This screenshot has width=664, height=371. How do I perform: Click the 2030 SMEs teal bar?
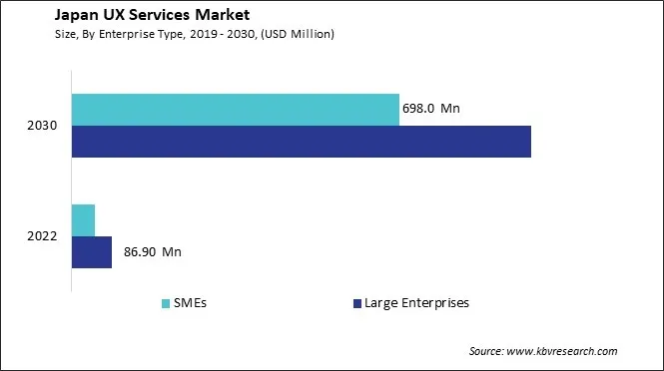tap(235, 110)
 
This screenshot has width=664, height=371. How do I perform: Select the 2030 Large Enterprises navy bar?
tap(301, 142)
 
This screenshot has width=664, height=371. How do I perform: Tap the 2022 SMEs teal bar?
tap(83, 219)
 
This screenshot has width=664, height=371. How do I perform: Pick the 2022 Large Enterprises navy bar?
tap(91, 252)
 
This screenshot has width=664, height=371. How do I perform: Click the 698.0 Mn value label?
tap(433, 109)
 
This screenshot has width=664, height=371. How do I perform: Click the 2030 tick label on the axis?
tap(43, 126)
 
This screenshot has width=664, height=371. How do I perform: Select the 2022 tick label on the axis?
tap(43, 236)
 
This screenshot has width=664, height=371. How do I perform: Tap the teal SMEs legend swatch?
tap(165, 302)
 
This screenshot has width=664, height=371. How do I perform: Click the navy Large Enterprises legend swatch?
tap(356, 302)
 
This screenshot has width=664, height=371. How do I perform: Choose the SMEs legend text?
tap(190, 302)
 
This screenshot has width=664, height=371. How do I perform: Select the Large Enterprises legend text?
tap(416, 302)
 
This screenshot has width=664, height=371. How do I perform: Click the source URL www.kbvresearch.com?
tap(563, 351)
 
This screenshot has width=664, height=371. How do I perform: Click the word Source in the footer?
tap(486, 351)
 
